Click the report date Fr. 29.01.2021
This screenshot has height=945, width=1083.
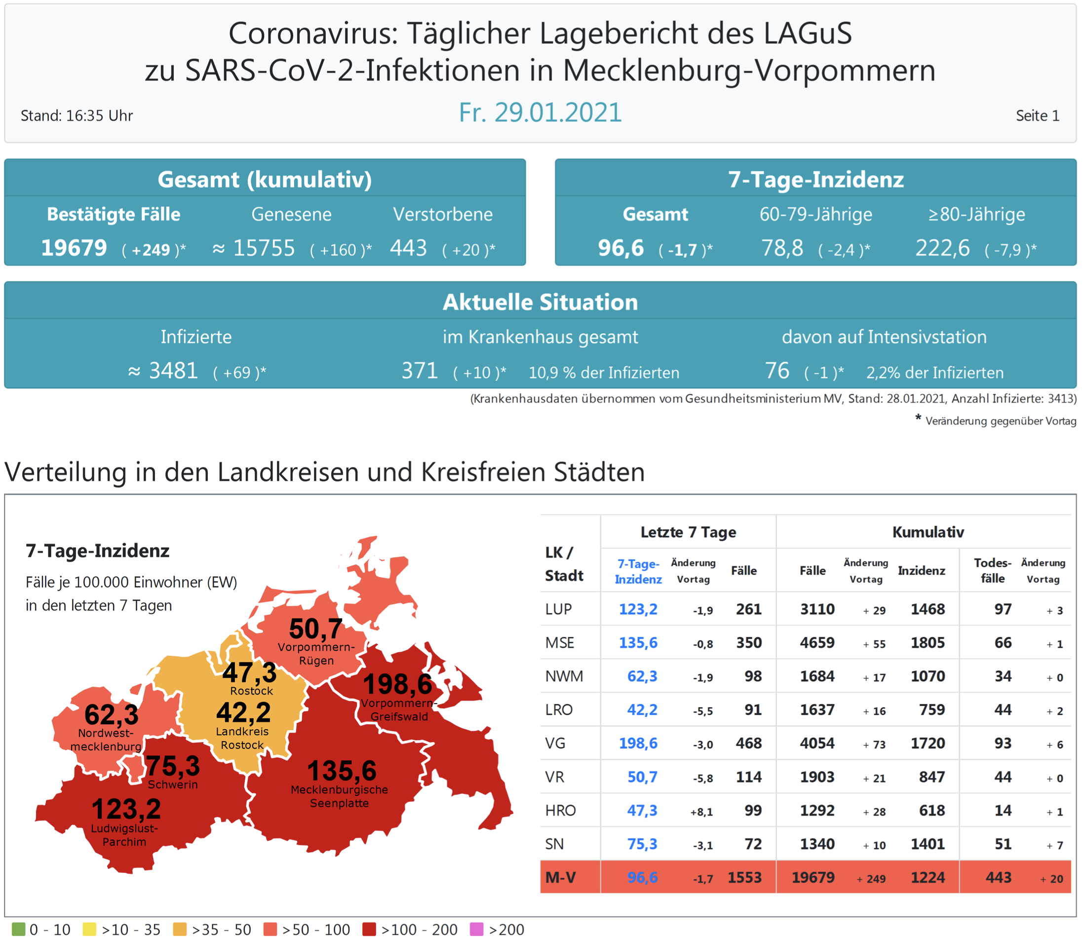pyautogui.click(x=540, y=113)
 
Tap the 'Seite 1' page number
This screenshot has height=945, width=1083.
pyautogui.click(x=1037, y=116)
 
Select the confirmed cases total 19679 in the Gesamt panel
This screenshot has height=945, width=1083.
pyautogui.click(x=75, y=248)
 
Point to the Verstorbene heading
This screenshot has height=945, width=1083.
pyautogui.click(x=442, y=214)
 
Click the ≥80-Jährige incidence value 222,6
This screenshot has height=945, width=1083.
pyautogui.click(x=942, y=248)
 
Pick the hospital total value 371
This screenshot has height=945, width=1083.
pyautogui.click(x=420, y=371)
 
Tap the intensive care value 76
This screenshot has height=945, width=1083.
pyautogui.click(x=776, y=371)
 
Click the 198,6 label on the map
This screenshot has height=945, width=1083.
pyautogui.click(x=397, y=684)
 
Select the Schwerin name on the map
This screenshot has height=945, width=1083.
pyautogui.click(x=172, y=784)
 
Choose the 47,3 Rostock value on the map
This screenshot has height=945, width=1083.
pyautogui.click(x=249, y=672)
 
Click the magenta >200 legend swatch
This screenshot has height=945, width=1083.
pyautogui.click(x=476, y=929)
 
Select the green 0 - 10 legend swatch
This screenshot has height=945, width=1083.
pyautogui.click(x=18, y=929)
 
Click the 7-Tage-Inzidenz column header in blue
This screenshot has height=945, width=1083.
pyautogui.click(x=638, y=571)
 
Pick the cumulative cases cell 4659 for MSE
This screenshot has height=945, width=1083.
pyautogui.click(x=817, y=642)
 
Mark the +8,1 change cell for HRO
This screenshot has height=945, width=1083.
pyautogui.click(x=701, y=812)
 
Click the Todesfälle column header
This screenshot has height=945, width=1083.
pyautogui.click(x=992, y=571)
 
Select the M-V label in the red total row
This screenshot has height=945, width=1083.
pyautogui.click(x=560, y=877)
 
